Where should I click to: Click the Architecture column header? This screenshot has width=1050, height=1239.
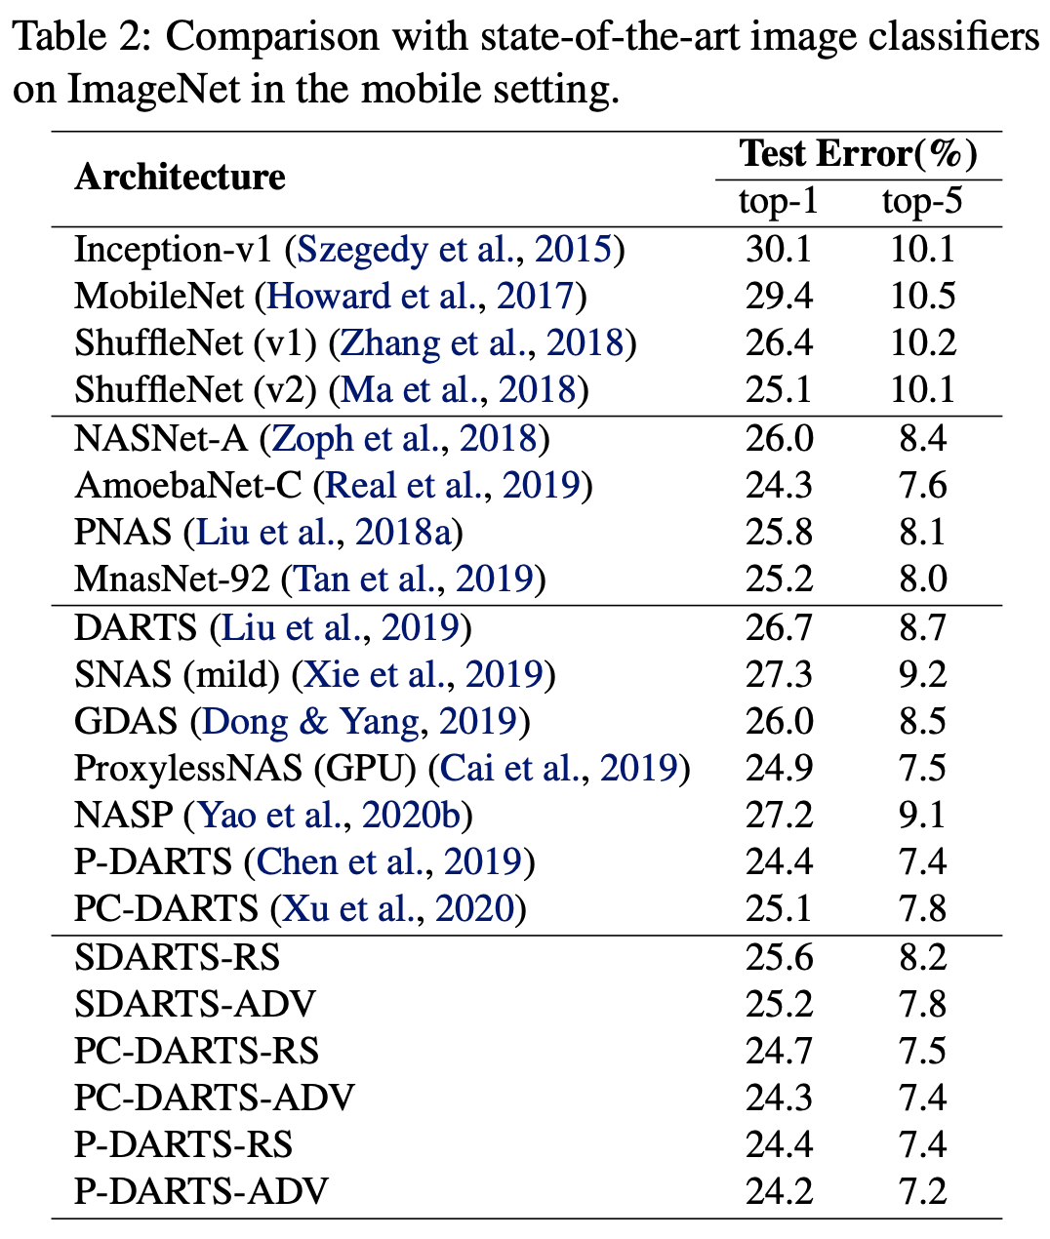(180, 177)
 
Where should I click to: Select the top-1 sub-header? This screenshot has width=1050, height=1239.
(778, 202)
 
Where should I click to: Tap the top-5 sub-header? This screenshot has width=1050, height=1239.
(921, 202)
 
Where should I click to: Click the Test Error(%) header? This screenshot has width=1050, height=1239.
(858, 154)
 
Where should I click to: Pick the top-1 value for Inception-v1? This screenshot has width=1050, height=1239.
(778, 250)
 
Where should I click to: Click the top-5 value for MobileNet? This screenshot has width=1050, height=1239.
(922, 297)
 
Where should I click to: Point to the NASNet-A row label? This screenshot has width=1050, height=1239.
(161, 438)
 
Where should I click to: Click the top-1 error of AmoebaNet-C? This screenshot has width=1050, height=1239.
(778, 485)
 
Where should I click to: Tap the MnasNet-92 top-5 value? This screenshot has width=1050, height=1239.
(922, 579)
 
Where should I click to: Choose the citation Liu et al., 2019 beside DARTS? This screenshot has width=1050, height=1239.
(341, 626)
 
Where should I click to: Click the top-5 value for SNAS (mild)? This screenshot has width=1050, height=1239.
(922, 673)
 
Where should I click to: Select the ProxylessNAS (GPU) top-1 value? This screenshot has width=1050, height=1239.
(778, 768)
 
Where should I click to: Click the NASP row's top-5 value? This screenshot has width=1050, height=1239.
(922, 815)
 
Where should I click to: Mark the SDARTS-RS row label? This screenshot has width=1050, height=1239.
(177, 957)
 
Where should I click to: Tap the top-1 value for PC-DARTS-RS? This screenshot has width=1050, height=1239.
(778, 1051)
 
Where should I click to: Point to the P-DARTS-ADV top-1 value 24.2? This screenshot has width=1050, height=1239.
(778, 1191)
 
